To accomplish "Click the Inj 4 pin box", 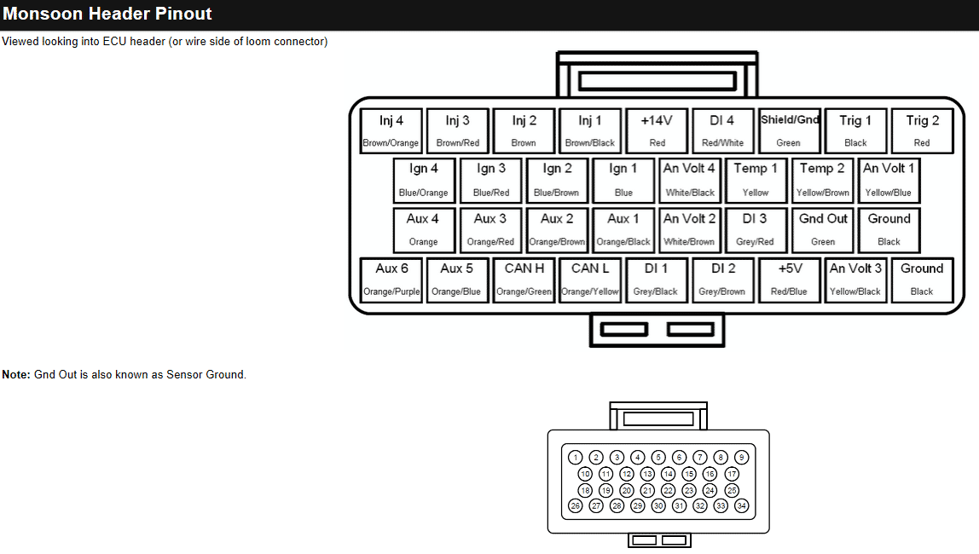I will [391, 130].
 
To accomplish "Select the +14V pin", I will [657, 130].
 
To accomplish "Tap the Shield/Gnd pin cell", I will [790, 130].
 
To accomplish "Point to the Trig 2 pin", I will [922, 130].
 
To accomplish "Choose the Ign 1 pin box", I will [623, 180].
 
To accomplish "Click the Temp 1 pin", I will [756, 180].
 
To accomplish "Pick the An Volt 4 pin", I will [690, 180].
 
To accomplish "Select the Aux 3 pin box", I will [490, 229].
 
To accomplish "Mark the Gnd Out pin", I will [823, 229].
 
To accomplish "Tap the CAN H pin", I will [524, 279].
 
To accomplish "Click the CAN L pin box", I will [590, 279].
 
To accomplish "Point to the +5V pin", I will [790, 279].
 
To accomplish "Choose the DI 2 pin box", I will [722, 279].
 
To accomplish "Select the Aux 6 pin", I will [391, 279].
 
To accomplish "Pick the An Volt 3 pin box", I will [855, 279].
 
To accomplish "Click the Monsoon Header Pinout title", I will [107, 14].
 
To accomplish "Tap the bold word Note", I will [15, 375].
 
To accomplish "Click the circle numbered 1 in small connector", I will [576, 458].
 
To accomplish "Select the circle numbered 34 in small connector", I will [741, 506].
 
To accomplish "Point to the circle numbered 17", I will [732, 474].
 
